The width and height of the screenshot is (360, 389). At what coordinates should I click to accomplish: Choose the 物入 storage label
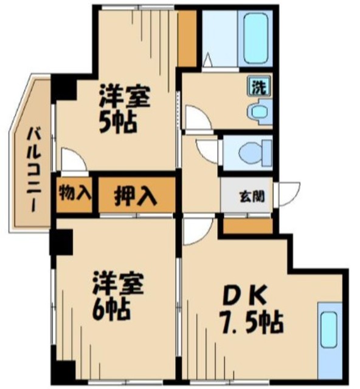point(75,194)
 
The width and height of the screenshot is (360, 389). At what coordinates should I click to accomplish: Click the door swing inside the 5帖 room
point(74,161)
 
